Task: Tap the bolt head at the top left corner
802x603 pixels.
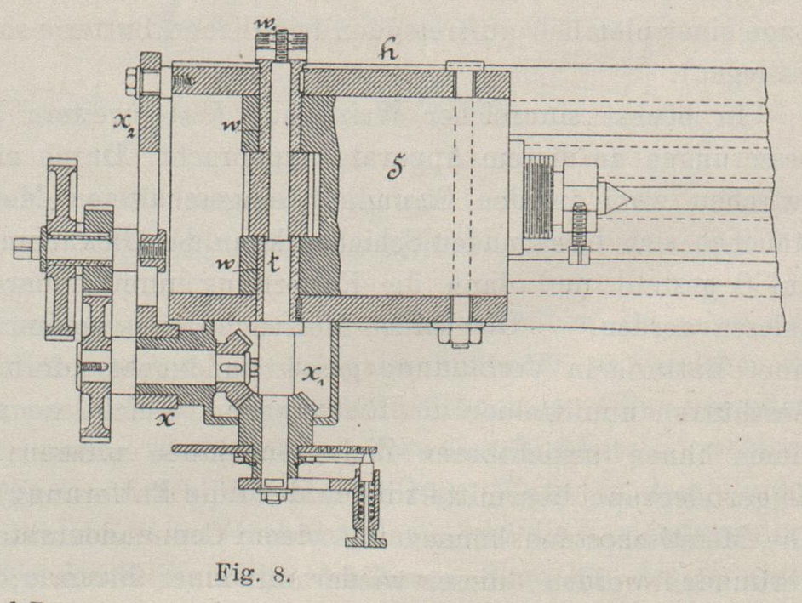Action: (x=132, y=82)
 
